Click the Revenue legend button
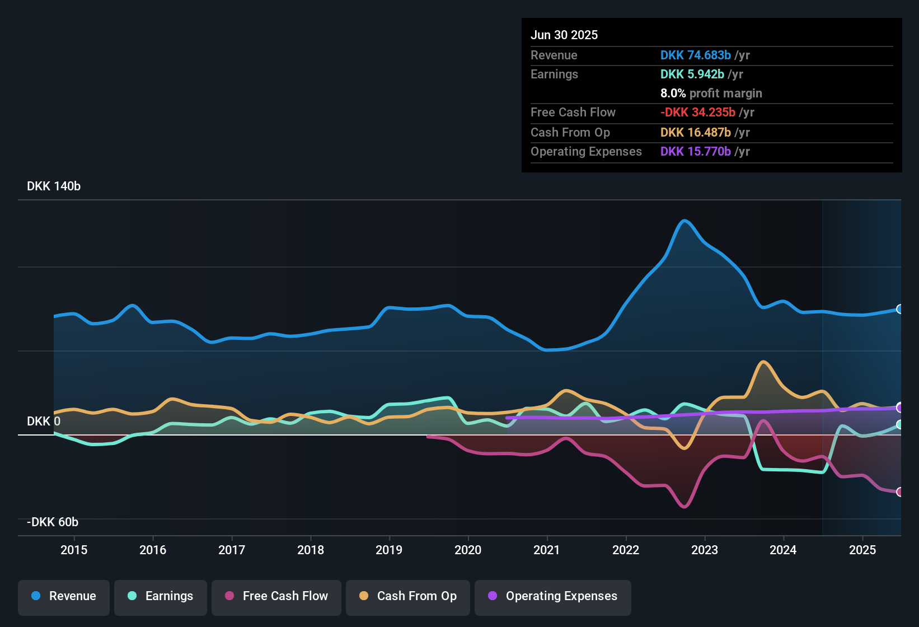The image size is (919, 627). tap(64, 596)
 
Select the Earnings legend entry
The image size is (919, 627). tap(161, 596)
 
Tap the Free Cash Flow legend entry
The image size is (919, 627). tap(276, 596)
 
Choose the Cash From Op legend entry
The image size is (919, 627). tap(408, 596)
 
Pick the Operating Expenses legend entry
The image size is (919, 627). tap(553, 596)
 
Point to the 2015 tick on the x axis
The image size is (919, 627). tap(74, 550)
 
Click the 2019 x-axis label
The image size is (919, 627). tap(389, 550)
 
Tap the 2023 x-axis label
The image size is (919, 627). tap(705, 550)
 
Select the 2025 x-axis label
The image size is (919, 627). tap(862, 550)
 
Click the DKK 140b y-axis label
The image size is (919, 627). tap(54, 186)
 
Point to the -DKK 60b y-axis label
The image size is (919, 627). tap(53, 522)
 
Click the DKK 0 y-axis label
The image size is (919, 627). tap(44, 422)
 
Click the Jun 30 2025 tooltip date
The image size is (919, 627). tap(564, 35)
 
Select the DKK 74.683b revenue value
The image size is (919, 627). tap(696, 55)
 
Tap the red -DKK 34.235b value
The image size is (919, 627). tap(698, 112)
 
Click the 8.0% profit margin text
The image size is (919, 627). tap(711, 93)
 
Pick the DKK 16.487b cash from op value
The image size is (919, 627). tap(696, 132)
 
